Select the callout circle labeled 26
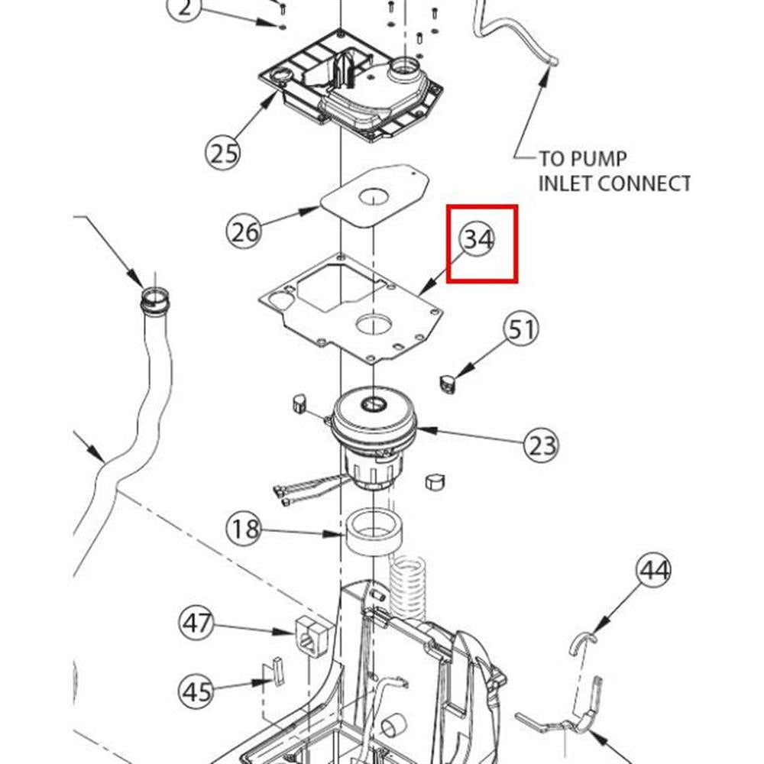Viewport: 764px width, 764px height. point(245,230)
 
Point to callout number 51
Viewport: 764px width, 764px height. point(521,330)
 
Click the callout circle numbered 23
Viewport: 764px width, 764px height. point(542,444)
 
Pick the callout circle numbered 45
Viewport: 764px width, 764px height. point(198,691)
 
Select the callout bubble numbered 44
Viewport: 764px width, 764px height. point(655,571)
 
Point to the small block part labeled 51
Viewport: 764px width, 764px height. point(448,381)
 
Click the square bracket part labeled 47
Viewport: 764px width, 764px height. point(309,633)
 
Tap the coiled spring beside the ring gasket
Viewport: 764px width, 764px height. point(409,584)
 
